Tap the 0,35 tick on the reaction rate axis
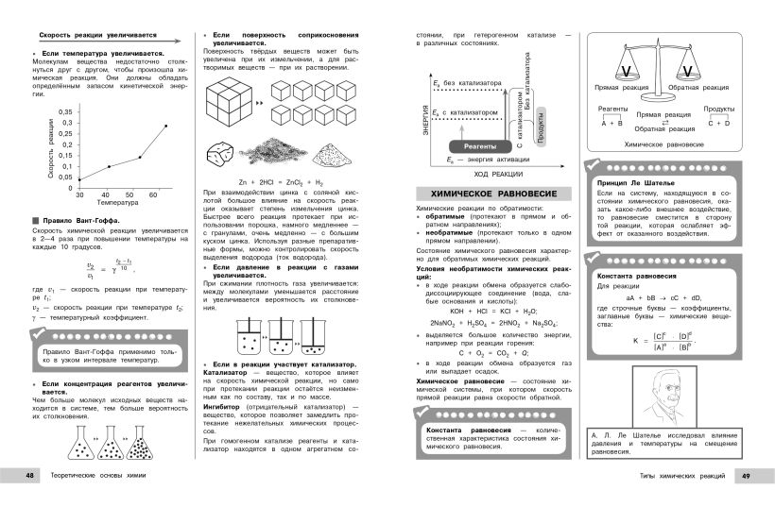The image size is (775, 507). click(x=65, y=111)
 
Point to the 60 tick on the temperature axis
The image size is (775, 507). click(x=153, y=194)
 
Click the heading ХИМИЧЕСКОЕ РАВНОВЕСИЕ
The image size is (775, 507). click(x=487, y=193)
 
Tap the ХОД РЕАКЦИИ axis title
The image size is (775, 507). click(x=494, y=175)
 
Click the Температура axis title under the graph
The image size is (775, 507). click(x=117, y=203)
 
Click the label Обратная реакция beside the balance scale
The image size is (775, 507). click(x=696, y=87)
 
